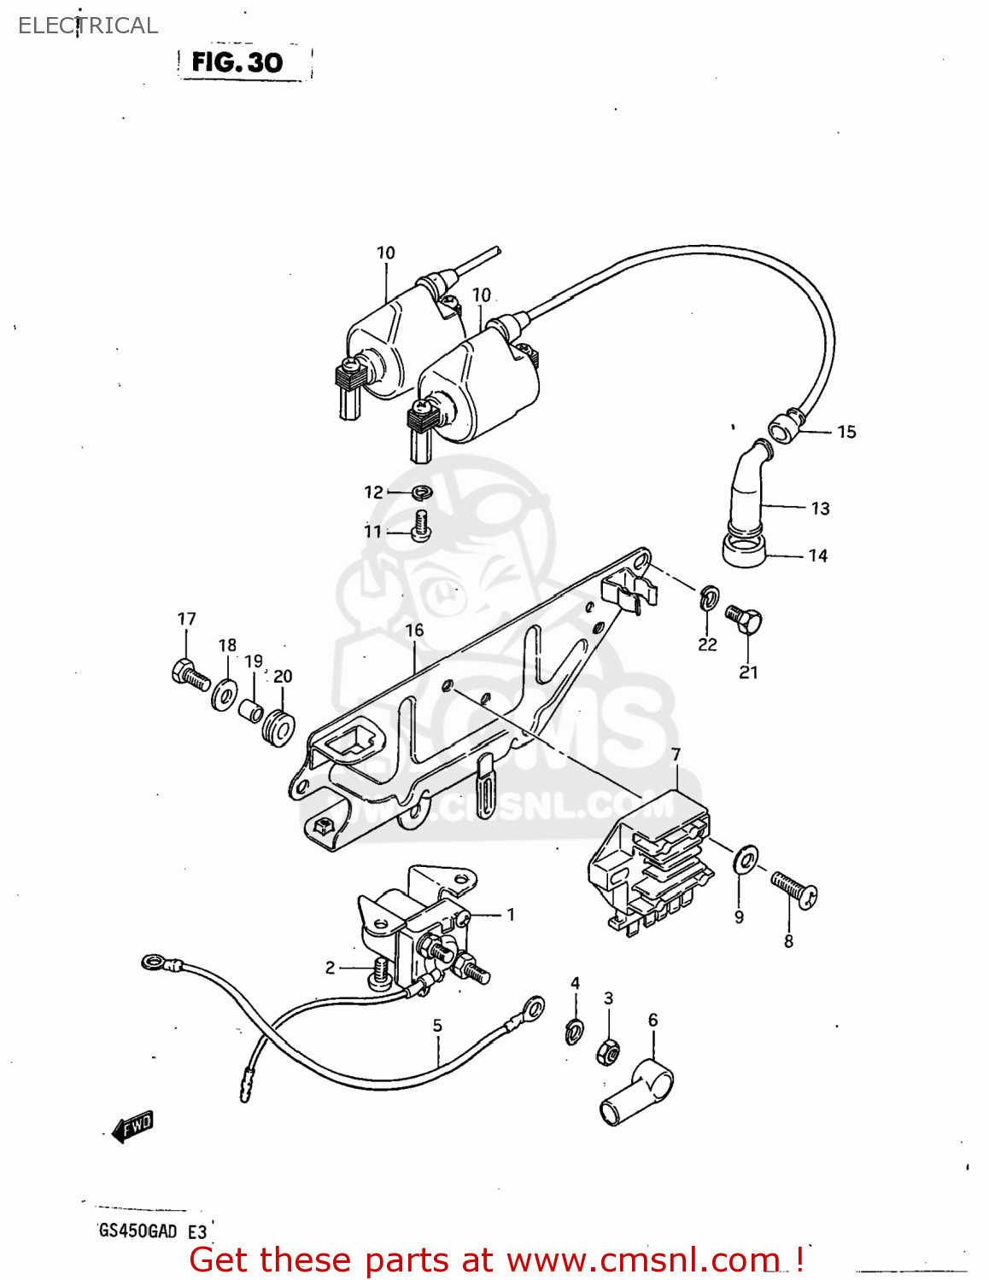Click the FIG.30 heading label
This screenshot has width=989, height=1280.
point(237,62)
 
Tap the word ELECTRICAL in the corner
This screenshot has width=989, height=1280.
point(88,26)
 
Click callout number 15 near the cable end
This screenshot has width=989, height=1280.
point(846,432)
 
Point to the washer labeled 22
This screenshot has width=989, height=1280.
point(709,599)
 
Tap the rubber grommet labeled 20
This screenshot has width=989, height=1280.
point(278,727)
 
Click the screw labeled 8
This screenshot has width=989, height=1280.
point(794,889)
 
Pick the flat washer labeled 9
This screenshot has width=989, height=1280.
point(746,859)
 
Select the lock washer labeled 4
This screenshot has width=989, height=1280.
point(575,1032)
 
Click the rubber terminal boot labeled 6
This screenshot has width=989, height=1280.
point(636,1093)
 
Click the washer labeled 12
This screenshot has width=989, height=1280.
point(420,492)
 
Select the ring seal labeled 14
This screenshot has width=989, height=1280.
point(743,548)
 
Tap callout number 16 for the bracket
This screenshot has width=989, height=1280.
point(413,630)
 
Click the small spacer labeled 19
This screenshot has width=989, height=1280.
point(251,710)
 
